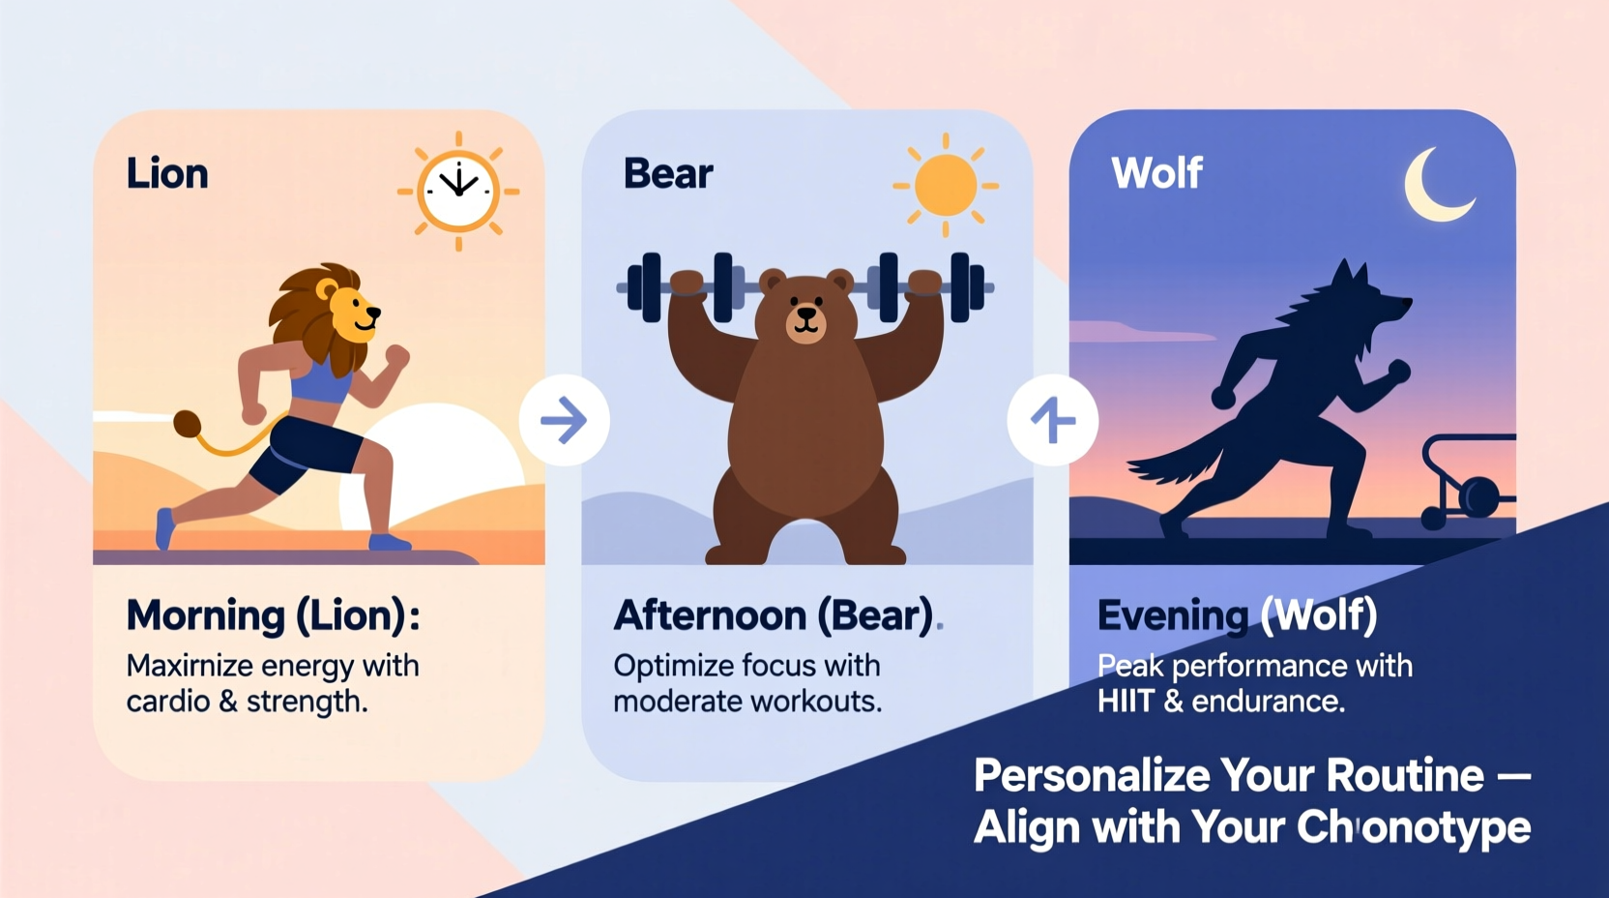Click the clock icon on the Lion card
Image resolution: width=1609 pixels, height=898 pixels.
[458, 190]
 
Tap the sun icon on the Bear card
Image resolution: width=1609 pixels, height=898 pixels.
[945, 185]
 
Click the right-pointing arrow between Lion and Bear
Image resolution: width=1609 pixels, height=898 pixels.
[564, 420]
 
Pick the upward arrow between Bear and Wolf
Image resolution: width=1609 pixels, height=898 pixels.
[1052, 420]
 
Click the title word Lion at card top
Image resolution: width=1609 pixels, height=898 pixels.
[167, 174]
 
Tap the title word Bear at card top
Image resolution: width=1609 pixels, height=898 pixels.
[668, 174]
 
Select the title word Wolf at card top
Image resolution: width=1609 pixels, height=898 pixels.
[1156, 174]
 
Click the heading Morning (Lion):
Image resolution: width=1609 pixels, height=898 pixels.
[274, 615]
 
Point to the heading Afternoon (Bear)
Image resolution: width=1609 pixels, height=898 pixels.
[775, 615]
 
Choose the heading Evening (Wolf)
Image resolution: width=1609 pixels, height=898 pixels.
[1237, 615]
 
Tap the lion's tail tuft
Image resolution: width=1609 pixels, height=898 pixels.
[188, 424]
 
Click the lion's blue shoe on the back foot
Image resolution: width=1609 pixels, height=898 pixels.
[165, 527]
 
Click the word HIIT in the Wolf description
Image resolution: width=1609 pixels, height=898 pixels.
[1126, 701]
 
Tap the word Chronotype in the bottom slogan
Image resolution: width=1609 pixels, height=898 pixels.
[1413, 827]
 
